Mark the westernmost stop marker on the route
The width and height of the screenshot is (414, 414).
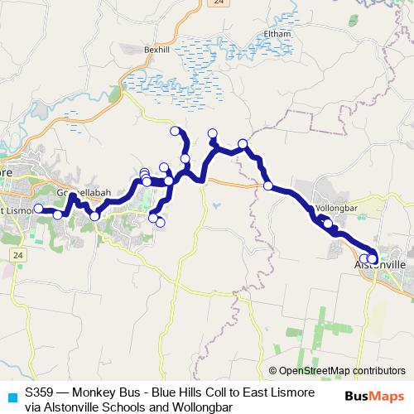coord(37,209)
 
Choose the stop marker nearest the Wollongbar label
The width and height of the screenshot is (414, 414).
coord(328,223)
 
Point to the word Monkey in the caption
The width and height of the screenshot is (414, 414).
coord(108,393)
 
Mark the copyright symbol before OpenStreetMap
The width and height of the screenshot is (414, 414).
coord(274,371)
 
